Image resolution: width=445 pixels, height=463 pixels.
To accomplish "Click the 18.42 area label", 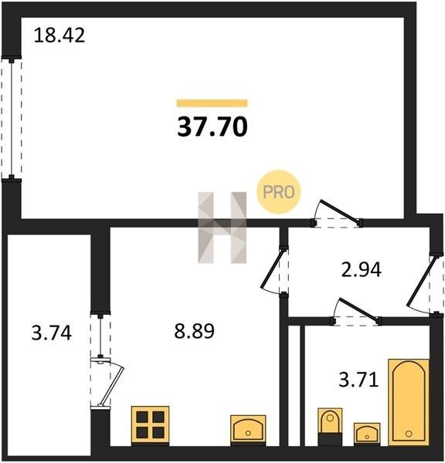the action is pos(59,35).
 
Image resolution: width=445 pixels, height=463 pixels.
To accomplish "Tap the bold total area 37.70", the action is pos(212,127).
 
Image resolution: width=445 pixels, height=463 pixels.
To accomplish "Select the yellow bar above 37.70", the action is pos(212,103).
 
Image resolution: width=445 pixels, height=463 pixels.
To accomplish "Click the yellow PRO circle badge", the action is pos(279,192).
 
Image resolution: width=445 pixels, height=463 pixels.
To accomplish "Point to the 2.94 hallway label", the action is pos(361,269).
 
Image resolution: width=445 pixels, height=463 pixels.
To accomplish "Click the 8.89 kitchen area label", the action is pos(194,331).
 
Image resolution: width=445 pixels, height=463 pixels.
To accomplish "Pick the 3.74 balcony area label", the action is pos(52,333).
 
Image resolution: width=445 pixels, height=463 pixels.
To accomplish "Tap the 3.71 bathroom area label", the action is pos(358,380).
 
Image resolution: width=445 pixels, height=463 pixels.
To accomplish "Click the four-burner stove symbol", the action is pos(150,426).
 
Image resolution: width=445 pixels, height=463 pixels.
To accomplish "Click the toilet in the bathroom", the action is pos(330,427).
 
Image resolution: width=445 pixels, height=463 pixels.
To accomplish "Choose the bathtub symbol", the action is pos(409,402).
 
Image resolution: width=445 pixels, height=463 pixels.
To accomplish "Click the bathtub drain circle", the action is pos(409,434).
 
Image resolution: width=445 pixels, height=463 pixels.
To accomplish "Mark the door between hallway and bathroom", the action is pos(357,313).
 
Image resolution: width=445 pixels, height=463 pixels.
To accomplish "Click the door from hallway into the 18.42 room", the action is pos(337,213).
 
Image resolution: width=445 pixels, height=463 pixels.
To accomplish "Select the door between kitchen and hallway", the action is pos(275,270).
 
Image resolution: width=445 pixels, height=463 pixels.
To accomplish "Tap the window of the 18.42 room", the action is pos(12,118).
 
